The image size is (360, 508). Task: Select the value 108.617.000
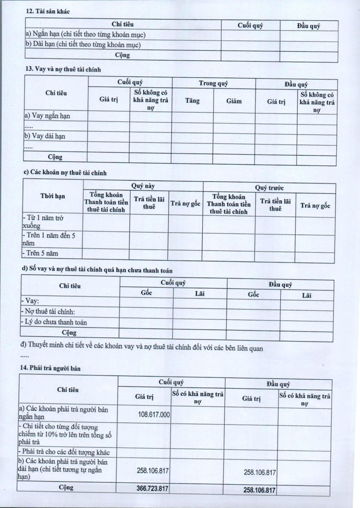click(x=154, y=414)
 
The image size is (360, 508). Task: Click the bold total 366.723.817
click(x=152, y=489)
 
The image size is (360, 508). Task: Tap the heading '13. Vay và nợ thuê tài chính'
click(x=63, y=69)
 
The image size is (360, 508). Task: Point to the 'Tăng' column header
click(x=192, y=101)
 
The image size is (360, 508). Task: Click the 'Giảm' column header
click(x=234, y=101)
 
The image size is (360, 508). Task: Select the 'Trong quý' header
click(x=213, y=83)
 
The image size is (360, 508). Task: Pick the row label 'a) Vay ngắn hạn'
click(x=47, y=116)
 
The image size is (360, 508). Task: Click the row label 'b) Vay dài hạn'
click(x=45, y=136)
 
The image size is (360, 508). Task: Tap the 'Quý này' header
click(x=143, y=185)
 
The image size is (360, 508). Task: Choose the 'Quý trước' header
click(x=269, y=187)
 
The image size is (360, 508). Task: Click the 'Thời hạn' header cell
click(x=53, y=196)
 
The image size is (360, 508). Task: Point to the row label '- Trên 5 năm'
click(x=40, y=254)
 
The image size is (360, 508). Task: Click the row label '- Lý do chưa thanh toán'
click(x=54, y=322)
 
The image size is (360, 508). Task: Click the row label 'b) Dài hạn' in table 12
click(x=83, y=44)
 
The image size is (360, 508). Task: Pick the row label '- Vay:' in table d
click(x=30, y=301)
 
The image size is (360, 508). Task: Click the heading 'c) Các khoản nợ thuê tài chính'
click(x=65, y=173)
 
